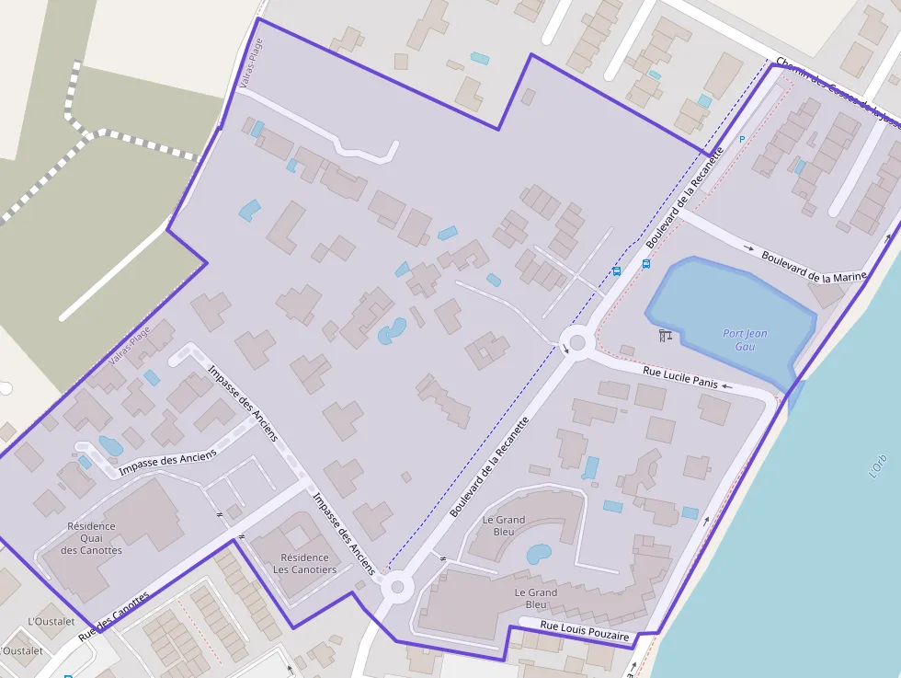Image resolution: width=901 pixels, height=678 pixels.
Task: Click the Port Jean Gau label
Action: click(x=745, y=340)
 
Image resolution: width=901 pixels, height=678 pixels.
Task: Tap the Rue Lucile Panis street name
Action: click(x=667, y=377)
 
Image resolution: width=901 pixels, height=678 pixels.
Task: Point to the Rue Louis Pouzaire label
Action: click(x=585, y=630)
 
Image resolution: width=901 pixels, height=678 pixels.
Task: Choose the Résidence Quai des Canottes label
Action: click(x=91, y=538)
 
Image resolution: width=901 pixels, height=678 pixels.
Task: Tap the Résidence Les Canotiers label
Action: click(x=304, y=563)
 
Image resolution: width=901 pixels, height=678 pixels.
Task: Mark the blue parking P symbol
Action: click(x=742, y=139)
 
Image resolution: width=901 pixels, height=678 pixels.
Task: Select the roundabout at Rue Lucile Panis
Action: click(x=577, y=343)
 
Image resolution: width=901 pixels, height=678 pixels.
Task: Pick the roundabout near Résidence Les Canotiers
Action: click(x=397, y=586)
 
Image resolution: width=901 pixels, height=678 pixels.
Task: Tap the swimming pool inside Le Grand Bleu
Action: click(x=538, y=554)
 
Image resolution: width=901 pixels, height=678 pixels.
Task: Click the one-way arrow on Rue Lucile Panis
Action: click(x=727, y=386)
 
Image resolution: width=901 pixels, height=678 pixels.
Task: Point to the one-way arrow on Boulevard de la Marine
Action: click(x=749, y=247)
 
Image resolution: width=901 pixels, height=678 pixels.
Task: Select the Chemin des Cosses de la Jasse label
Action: click(x=832, y=93)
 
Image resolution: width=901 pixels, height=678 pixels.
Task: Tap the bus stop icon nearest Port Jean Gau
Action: click(x=646, y=264)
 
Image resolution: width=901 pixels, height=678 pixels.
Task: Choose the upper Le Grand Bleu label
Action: click(x=504, y=525)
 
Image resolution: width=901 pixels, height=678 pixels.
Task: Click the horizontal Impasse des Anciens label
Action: click(x=168, y=462)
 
